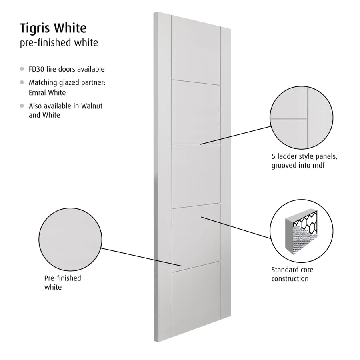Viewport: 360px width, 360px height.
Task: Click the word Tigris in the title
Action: (35, 29)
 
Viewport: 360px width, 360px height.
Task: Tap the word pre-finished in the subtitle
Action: (46, 43)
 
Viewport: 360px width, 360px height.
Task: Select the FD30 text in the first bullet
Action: (36, 69)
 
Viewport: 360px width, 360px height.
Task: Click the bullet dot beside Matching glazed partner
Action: (22, 82)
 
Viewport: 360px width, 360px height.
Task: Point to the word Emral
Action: (37, 92)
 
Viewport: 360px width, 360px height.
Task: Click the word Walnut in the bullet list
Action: (92, 106)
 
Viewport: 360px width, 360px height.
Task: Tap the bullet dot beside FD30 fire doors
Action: (22, 69)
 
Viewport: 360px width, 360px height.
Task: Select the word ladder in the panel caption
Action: (288, 156)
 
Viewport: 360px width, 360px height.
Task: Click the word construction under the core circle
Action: (290, 279)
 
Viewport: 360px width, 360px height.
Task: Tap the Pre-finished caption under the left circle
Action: (63, 278)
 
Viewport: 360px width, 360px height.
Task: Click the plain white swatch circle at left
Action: (70, 239)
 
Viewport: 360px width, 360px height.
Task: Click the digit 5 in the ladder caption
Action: (273, 156)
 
